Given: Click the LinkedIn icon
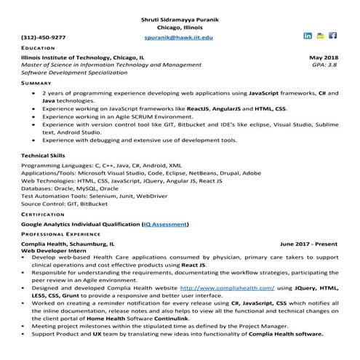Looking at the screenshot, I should pyautogui.click(x=308, y=35).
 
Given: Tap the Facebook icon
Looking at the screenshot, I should pyautogui.click(x=333, y=35).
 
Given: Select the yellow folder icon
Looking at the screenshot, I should pyautogui.click(x=321, y=35).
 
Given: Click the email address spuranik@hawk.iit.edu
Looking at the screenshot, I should pyautogui.click(x=179, y=36).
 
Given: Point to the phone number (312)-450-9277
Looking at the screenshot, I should pyautogui.click(x=44, y=36).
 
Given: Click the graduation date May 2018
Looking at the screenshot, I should pyautogui.click(x=324, y=57).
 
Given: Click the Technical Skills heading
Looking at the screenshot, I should pyautogui.click(x=43, y=156).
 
